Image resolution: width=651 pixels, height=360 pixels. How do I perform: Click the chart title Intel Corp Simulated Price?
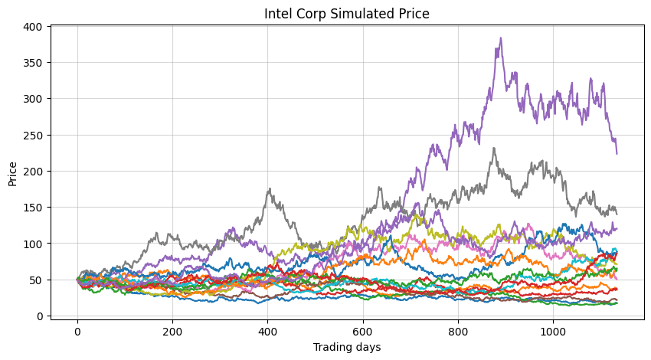[x=346, y=14]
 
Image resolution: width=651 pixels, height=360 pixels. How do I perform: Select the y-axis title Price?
[x=13, y=171]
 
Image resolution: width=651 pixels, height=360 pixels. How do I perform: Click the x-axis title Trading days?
[x=346, y=347]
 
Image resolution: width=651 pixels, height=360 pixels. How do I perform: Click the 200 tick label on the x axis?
[x=172, y=330]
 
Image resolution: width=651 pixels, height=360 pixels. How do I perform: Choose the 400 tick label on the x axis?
[x=267, y=330]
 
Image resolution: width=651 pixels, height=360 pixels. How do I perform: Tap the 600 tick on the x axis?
[x=363, y=330]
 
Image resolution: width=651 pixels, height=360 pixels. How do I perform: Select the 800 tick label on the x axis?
[x=458, y=330]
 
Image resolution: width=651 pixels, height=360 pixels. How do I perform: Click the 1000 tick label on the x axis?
[x=553, y=330]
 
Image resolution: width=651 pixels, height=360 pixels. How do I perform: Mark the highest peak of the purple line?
[x=501, y=38]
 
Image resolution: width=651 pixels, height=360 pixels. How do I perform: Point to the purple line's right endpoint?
[x=617, y=153]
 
